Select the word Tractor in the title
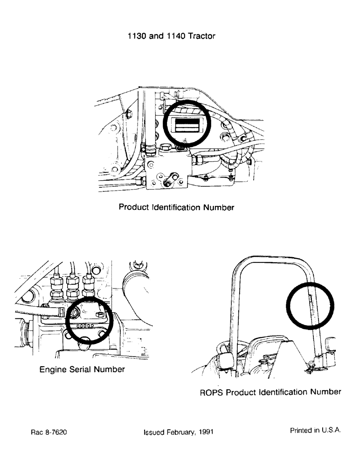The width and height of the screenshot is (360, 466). [x=201, y=36]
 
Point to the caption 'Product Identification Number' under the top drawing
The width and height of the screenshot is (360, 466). [x=176, y=207]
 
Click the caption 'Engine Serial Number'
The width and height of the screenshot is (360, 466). [x=82, y=370]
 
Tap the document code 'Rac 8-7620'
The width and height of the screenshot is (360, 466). [x=48, y=432]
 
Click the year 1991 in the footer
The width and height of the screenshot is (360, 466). [x=206, y=432]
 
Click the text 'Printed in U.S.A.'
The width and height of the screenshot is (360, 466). [x=315, y=431]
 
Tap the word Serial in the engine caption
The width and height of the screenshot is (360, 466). [x=83, y=370]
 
